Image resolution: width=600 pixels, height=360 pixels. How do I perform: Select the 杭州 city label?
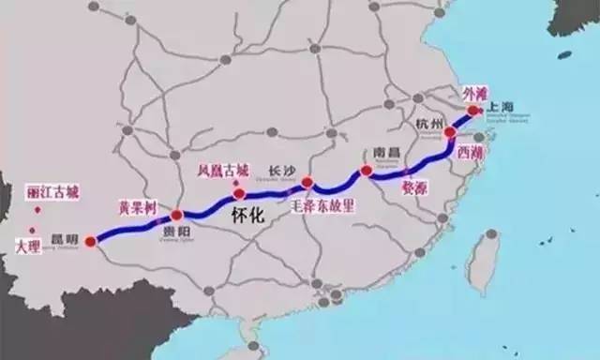point(428,125)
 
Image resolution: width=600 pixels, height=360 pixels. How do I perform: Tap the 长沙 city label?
point(282,170)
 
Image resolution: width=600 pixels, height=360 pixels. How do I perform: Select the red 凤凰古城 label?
point(224,171)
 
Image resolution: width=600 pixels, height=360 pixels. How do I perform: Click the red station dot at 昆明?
point(90,241)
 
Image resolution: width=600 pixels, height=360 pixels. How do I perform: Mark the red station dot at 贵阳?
point(177,216)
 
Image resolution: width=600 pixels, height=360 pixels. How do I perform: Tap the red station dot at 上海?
point(474,110)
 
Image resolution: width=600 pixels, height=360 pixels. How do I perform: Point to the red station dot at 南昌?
point(365,172)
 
